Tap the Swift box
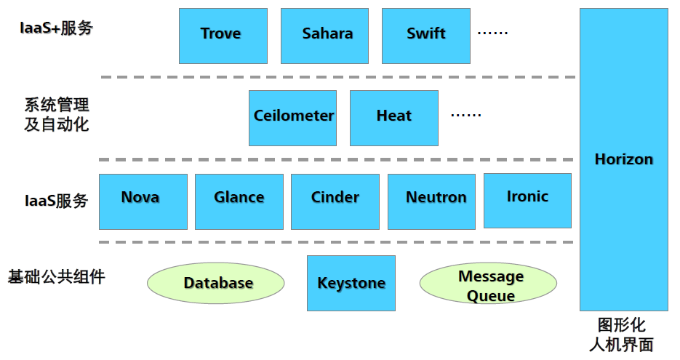pos(425,35)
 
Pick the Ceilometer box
pos(292,117)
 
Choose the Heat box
pos(393,117)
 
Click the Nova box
pos(143,201)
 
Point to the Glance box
pos(239,201)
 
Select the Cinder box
pos(335,201)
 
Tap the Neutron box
pos(431,201)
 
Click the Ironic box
pos(527,200)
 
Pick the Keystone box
pos(351,283)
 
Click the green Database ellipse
pos(216,283)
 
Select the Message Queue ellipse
pos(489,285)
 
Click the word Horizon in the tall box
pos(623,159)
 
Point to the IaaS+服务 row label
pos(56,28)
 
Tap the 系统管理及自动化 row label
pos(56,114)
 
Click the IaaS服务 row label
pos(56,201)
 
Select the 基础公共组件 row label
pos(56,277)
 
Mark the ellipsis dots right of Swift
pos(492,33)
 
